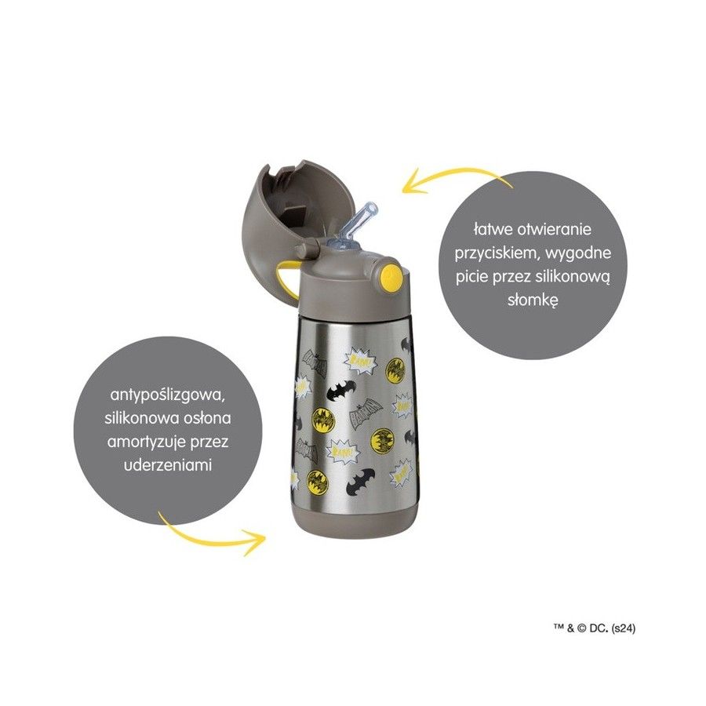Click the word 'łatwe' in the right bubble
[493, 229]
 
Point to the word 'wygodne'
[579, 253]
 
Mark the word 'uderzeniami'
[168, 465]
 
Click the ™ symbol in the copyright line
[559, 627]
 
